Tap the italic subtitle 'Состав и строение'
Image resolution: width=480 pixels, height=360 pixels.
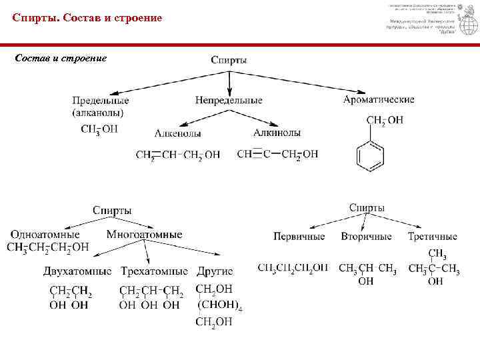(x=61, y=58)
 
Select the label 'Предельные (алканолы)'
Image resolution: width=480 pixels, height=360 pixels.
(x=100, y=106)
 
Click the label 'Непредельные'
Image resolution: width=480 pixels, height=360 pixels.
(x=229, y=100)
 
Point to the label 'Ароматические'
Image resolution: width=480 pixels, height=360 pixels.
(x=379, y=99)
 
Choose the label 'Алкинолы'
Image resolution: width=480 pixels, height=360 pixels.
(x=277, y=133)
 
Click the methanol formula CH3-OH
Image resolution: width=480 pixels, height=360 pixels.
(x=99, y=129)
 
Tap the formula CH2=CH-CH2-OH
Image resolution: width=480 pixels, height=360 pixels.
(x=177, y=155)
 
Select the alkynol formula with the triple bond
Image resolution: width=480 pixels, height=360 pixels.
(x=277, y=154)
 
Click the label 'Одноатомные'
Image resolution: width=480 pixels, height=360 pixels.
(x=45, y=234)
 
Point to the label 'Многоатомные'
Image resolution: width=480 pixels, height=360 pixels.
(x=144, y=234)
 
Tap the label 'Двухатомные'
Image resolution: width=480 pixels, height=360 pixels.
(x=77, y=271)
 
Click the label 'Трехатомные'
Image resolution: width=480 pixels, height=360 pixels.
(x=155, y=271)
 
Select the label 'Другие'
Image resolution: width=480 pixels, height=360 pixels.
(x=215, y=271)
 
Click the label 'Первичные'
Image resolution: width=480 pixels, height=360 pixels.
(x=299, y=237)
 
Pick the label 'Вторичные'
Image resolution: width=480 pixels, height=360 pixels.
(x=366, y=237)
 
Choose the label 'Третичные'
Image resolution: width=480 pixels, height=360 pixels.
(x=433, y=237)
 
